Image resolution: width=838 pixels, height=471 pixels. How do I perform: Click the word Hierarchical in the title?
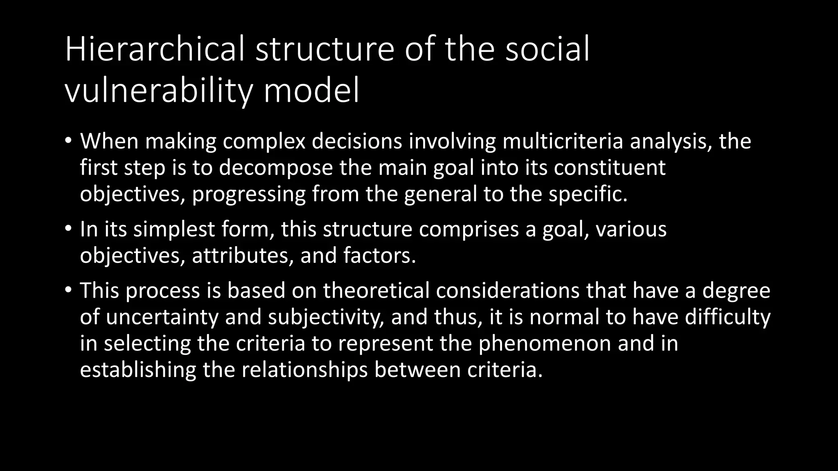154,49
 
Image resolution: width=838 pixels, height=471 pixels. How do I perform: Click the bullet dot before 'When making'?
68,141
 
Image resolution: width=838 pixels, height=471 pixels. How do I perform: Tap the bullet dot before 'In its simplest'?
68,229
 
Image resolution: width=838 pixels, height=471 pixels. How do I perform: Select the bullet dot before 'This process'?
68,290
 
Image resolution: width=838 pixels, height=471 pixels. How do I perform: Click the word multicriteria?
563,141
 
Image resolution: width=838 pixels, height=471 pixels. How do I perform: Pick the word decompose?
276,168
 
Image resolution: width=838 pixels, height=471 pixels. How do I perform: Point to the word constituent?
610,168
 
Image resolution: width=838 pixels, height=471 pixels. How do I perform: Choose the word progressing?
249,194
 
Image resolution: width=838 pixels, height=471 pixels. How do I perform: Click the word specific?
588,194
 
